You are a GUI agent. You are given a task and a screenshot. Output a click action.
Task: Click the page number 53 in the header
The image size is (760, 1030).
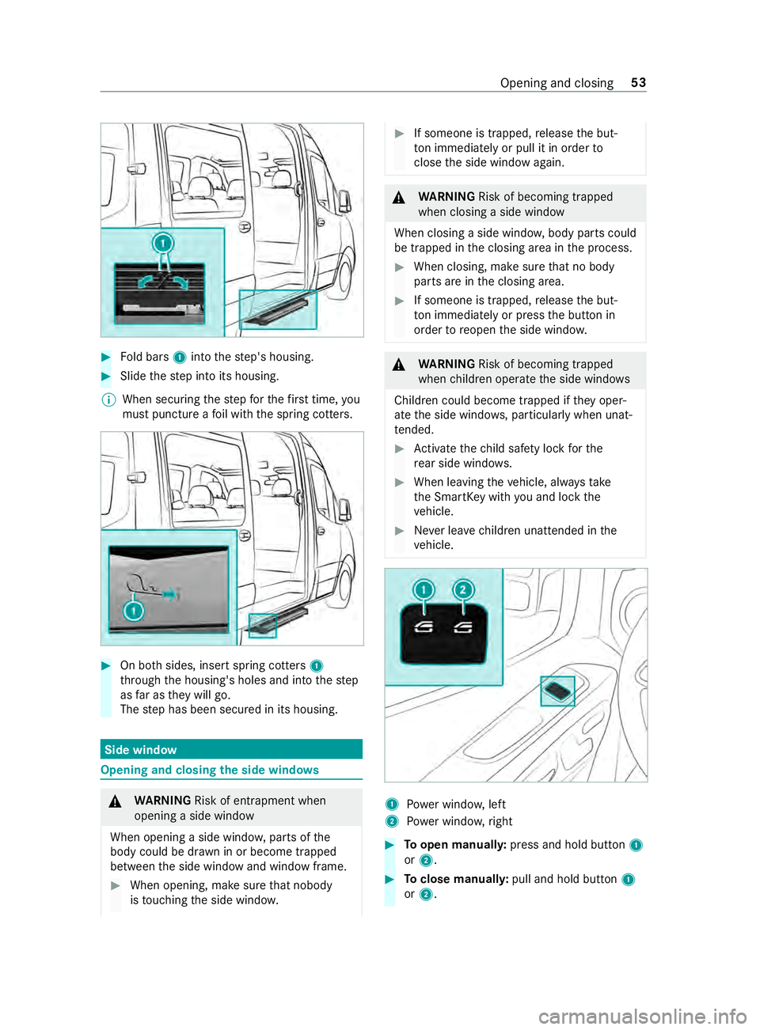pyautogui.click(x=638, y=83)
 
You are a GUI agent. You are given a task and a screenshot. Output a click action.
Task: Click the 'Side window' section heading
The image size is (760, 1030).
pyautogui.click(x=141, y=750)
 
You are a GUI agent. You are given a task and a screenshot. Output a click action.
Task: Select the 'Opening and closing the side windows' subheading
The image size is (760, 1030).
pyautogui.click(x=210, y=771)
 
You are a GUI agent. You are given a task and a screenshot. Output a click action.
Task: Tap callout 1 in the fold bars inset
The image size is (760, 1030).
pyautogui.click(x=163, y=243)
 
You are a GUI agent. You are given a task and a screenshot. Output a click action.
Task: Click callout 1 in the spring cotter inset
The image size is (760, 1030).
pyautogui.click(x=134, y=611)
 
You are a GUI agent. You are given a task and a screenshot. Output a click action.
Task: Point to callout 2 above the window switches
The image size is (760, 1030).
pyautogui.click(x=463, y=589)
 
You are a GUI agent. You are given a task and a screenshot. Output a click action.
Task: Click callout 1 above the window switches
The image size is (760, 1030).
pyautogui.click(x=424, y=589)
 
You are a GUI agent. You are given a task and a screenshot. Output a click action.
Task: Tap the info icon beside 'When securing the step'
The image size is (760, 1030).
pyautogui.click(x=109, y=400)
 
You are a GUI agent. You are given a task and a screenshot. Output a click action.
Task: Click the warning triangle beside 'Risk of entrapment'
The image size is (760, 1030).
pyautogui.click(x=116, y=802)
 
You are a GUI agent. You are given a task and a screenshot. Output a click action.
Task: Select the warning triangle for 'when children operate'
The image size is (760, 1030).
pyautogui.click(x=399, y=365)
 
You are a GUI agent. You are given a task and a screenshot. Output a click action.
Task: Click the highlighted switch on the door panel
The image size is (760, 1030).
pyautogui.click(x=558, y=691)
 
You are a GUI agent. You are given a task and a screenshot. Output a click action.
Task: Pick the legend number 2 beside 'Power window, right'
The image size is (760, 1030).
pyautogui.click(x=392, y=821)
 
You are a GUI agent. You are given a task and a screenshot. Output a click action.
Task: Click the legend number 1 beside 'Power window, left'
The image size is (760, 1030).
pyautogui.click(x=392, y=805)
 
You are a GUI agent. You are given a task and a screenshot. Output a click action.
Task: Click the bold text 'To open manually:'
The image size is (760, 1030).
pyautogui.click(x=455, y=845)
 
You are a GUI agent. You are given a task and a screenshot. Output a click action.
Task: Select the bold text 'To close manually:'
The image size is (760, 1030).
pyautogui.click(x=456, y=879)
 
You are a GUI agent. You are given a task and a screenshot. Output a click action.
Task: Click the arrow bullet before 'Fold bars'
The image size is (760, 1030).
pyautogui.click(x=106, y=357)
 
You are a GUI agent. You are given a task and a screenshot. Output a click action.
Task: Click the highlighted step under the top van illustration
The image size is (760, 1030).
pyautogui.click(x=278, y=309)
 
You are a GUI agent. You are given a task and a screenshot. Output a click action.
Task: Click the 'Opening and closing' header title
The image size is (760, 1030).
pyautogui.click(x=557, y=83)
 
